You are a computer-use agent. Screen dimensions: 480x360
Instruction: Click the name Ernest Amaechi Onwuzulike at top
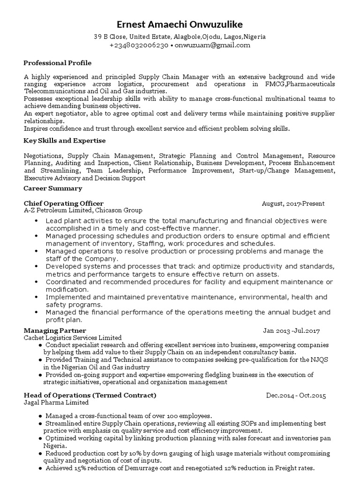click(x=180, y=24)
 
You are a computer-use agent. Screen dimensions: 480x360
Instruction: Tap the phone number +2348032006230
click(x=139, y=45)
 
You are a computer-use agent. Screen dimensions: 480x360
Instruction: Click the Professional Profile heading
click(x=58, y=63)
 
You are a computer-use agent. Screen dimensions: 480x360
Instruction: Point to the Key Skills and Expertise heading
click(x=65, y=141)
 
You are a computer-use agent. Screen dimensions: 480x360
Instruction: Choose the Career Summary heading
click(x=53, y=188)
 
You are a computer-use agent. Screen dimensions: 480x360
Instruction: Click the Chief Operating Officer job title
click(x=64, y=203)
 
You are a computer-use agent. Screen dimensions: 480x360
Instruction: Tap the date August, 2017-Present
click(x=293, y=203)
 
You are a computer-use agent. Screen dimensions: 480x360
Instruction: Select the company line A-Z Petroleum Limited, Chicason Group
click(x=83, y=210)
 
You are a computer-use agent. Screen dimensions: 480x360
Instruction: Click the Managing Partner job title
click(x=55, y=330)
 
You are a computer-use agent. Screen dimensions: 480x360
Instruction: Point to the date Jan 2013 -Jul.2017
click(x=292, y=331)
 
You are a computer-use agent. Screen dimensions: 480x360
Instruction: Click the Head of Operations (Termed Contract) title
click(x=90, y=395)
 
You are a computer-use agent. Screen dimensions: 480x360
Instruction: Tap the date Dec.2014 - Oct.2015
click(x=296, y=396)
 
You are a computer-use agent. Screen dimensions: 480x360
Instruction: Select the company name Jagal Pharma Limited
click(x=56, y=402)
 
